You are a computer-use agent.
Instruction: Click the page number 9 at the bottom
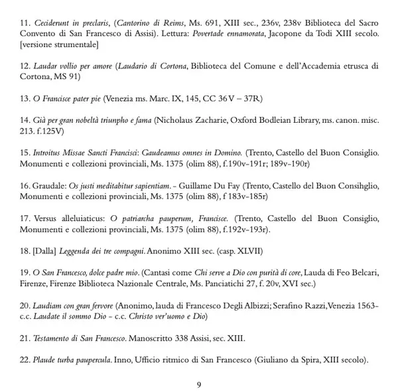coord(199,384)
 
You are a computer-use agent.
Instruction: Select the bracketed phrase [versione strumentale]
coord(60,44)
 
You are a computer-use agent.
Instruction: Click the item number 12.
coord(26,66)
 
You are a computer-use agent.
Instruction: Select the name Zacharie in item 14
coord(216,120)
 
